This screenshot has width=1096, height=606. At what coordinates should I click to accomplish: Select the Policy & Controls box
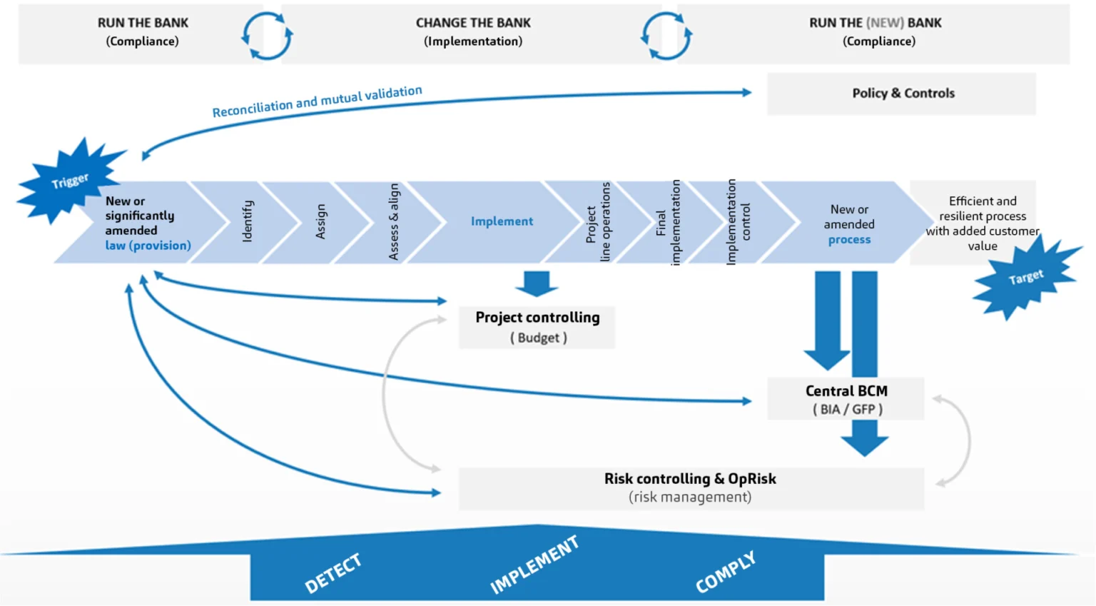(x=902, y=94)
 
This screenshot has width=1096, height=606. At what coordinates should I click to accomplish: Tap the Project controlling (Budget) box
(x=537, y=327)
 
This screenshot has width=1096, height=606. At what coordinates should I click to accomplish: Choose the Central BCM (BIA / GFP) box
(x=846, y=399)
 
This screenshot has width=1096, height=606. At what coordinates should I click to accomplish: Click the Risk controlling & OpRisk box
(x=690, y=488)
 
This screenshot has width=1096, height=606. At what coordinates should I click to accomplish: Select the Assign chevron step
(x=320, y=221)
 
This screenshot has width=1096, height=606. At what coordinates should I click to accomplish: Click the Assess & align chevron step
(x=393, y=221)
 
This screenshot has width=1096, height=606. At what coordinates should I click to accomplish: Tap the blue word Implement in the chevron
(x=502, y=221)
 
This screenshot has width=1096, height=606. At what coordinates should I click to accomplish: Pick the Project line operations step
(x=598, y=222)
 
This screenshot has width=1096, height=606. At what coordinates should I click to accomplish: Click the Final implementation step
(x=668, y=222)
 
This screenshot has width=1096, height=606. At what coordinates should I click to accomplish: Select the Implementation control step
(x=738, y=222)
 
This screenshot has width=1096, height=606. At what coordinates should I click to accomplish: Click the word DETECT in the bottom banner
(x=333, y=573)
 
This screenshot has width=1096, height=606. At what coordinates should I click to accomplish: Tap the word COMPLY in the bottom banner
(x=725, y=572)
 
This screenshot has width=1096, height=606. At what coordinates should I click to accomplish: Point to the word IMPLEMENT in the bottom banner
(x=534, y=565)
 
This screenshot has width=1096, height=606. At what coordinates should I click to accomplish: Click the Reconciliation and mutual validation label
(x=317, y=101)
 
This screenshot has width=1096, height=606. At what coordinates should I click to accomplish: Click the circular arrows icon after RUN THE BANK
(x=267, y=35)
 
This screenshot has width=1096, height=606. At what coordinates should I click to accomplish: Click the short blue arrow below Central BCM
(x=864, y=438)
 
